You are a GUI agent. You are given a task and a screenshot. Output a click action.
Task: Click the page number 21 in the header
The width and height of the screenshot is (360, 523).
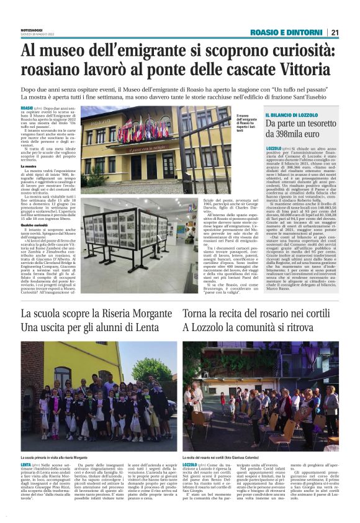(335, 33)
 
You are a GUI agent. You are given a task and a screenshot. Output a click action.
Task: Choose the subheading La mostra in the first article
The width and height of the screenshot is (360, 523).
(29, 166)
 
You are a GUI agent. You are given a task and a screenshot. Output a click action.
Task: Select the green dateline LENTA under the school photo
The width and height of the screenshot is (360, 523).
(27, 465)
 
